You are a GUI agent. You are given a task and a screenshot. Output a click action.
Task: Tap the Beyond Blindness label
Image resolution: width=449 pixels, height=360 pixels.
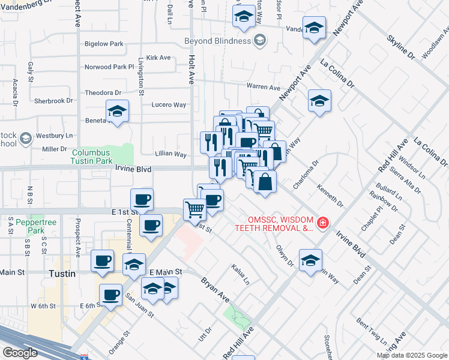[217, 41]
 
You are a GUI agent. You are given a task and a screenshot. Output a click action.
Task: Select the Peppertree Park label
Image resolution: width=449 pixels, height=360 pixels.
[31, 226]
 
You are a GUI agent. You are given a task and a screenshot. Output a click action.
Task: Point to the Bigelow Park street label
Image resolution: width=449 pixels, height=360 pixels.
[104, 44]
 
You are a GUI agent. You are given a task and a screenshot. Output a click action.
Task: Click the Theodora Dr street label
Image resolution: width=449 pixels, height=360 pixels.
[103, 93]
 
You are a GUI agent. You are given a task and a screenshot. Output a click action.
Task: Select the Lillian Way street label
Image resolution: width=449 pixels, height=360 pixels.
[171, 154]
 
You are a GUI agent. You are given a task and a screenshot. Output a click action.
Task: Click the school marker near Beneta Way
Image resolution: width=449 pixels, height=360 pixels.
[117, 111]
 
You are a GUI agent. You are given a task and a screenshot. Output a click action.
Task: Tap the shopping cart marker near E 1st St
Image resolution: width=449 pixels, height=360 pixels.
[195, 208]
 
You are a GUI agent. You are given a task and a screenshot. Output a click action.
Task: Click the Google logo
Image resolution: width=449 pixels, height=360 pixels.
[20, 353]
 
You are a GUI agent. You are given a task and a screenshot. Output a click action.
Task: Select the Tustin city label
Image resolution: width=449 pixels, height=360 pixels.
[62, 274]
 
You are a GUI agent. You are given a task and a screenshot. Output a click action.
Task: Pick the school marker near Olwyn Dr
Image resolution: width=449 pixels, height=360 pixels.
[311, 260]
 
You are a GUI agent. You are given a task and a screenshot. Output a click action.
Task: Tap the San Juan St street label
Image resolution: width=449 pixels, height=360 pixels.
[140, 305]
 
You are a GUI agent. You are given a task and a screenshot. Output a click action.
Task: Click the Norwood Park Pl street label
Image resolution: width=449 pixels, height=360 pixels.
[110, 67]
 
